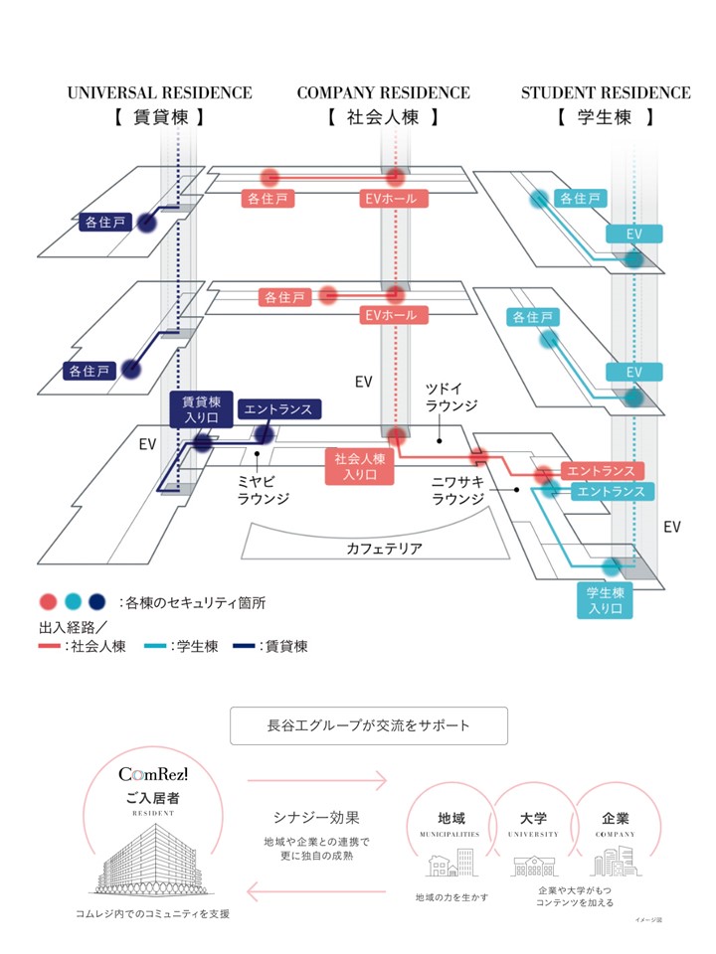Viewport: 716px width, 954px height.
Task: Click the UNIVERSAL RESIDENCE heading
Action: coord(159,93)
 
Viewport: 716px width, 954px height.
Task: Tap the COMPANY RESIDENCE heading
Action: coord(383,93)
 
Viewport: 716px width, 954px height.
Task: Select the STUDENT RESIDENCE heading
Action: coord(606,93)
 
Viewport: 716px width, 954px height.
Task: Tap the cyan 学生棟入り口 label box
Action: coord(605,600)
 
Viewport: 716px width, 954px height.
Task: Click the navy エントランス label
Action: coord(277,408)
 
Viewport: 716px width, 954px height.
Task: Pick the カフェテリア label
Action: coord(384,548)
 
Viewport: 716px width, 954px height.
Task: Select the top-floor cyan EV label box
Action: coord(633,234)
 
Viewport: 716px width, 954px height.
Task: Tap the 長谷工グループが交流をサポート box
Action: coord(368,725)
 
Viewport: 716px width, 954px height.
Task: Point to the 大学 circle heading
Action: coord(533,819)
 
